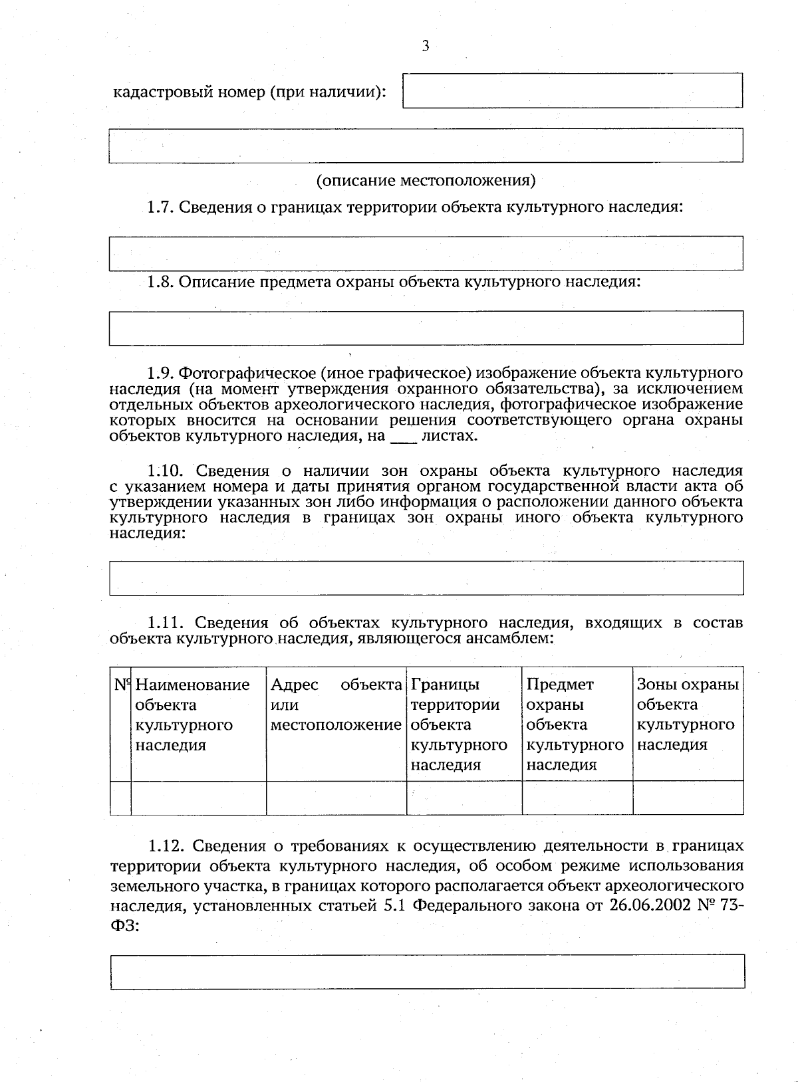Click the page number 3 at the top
tap(425, 46)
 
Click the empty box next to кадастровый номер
tap(572, 90)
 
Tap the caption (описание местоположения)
tap(426, 180)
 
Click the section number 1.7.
tap(160, 207)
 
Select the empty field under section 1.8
tap(426, 328)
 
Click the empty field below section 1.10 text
tap(426, 578)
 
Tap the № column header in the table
tap(120, 685)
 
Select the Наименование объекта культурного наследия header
tap(192, 714)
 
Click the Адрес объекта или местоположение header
tap(336, 704)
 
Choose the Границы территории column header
tap(459, 724)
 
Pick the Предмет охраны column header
tap(575, 724)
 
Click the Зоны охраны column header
tap(687, 714)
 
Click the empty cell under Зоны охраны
tap(688, 798)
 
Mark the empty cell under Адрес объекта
tap(336, 798)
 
